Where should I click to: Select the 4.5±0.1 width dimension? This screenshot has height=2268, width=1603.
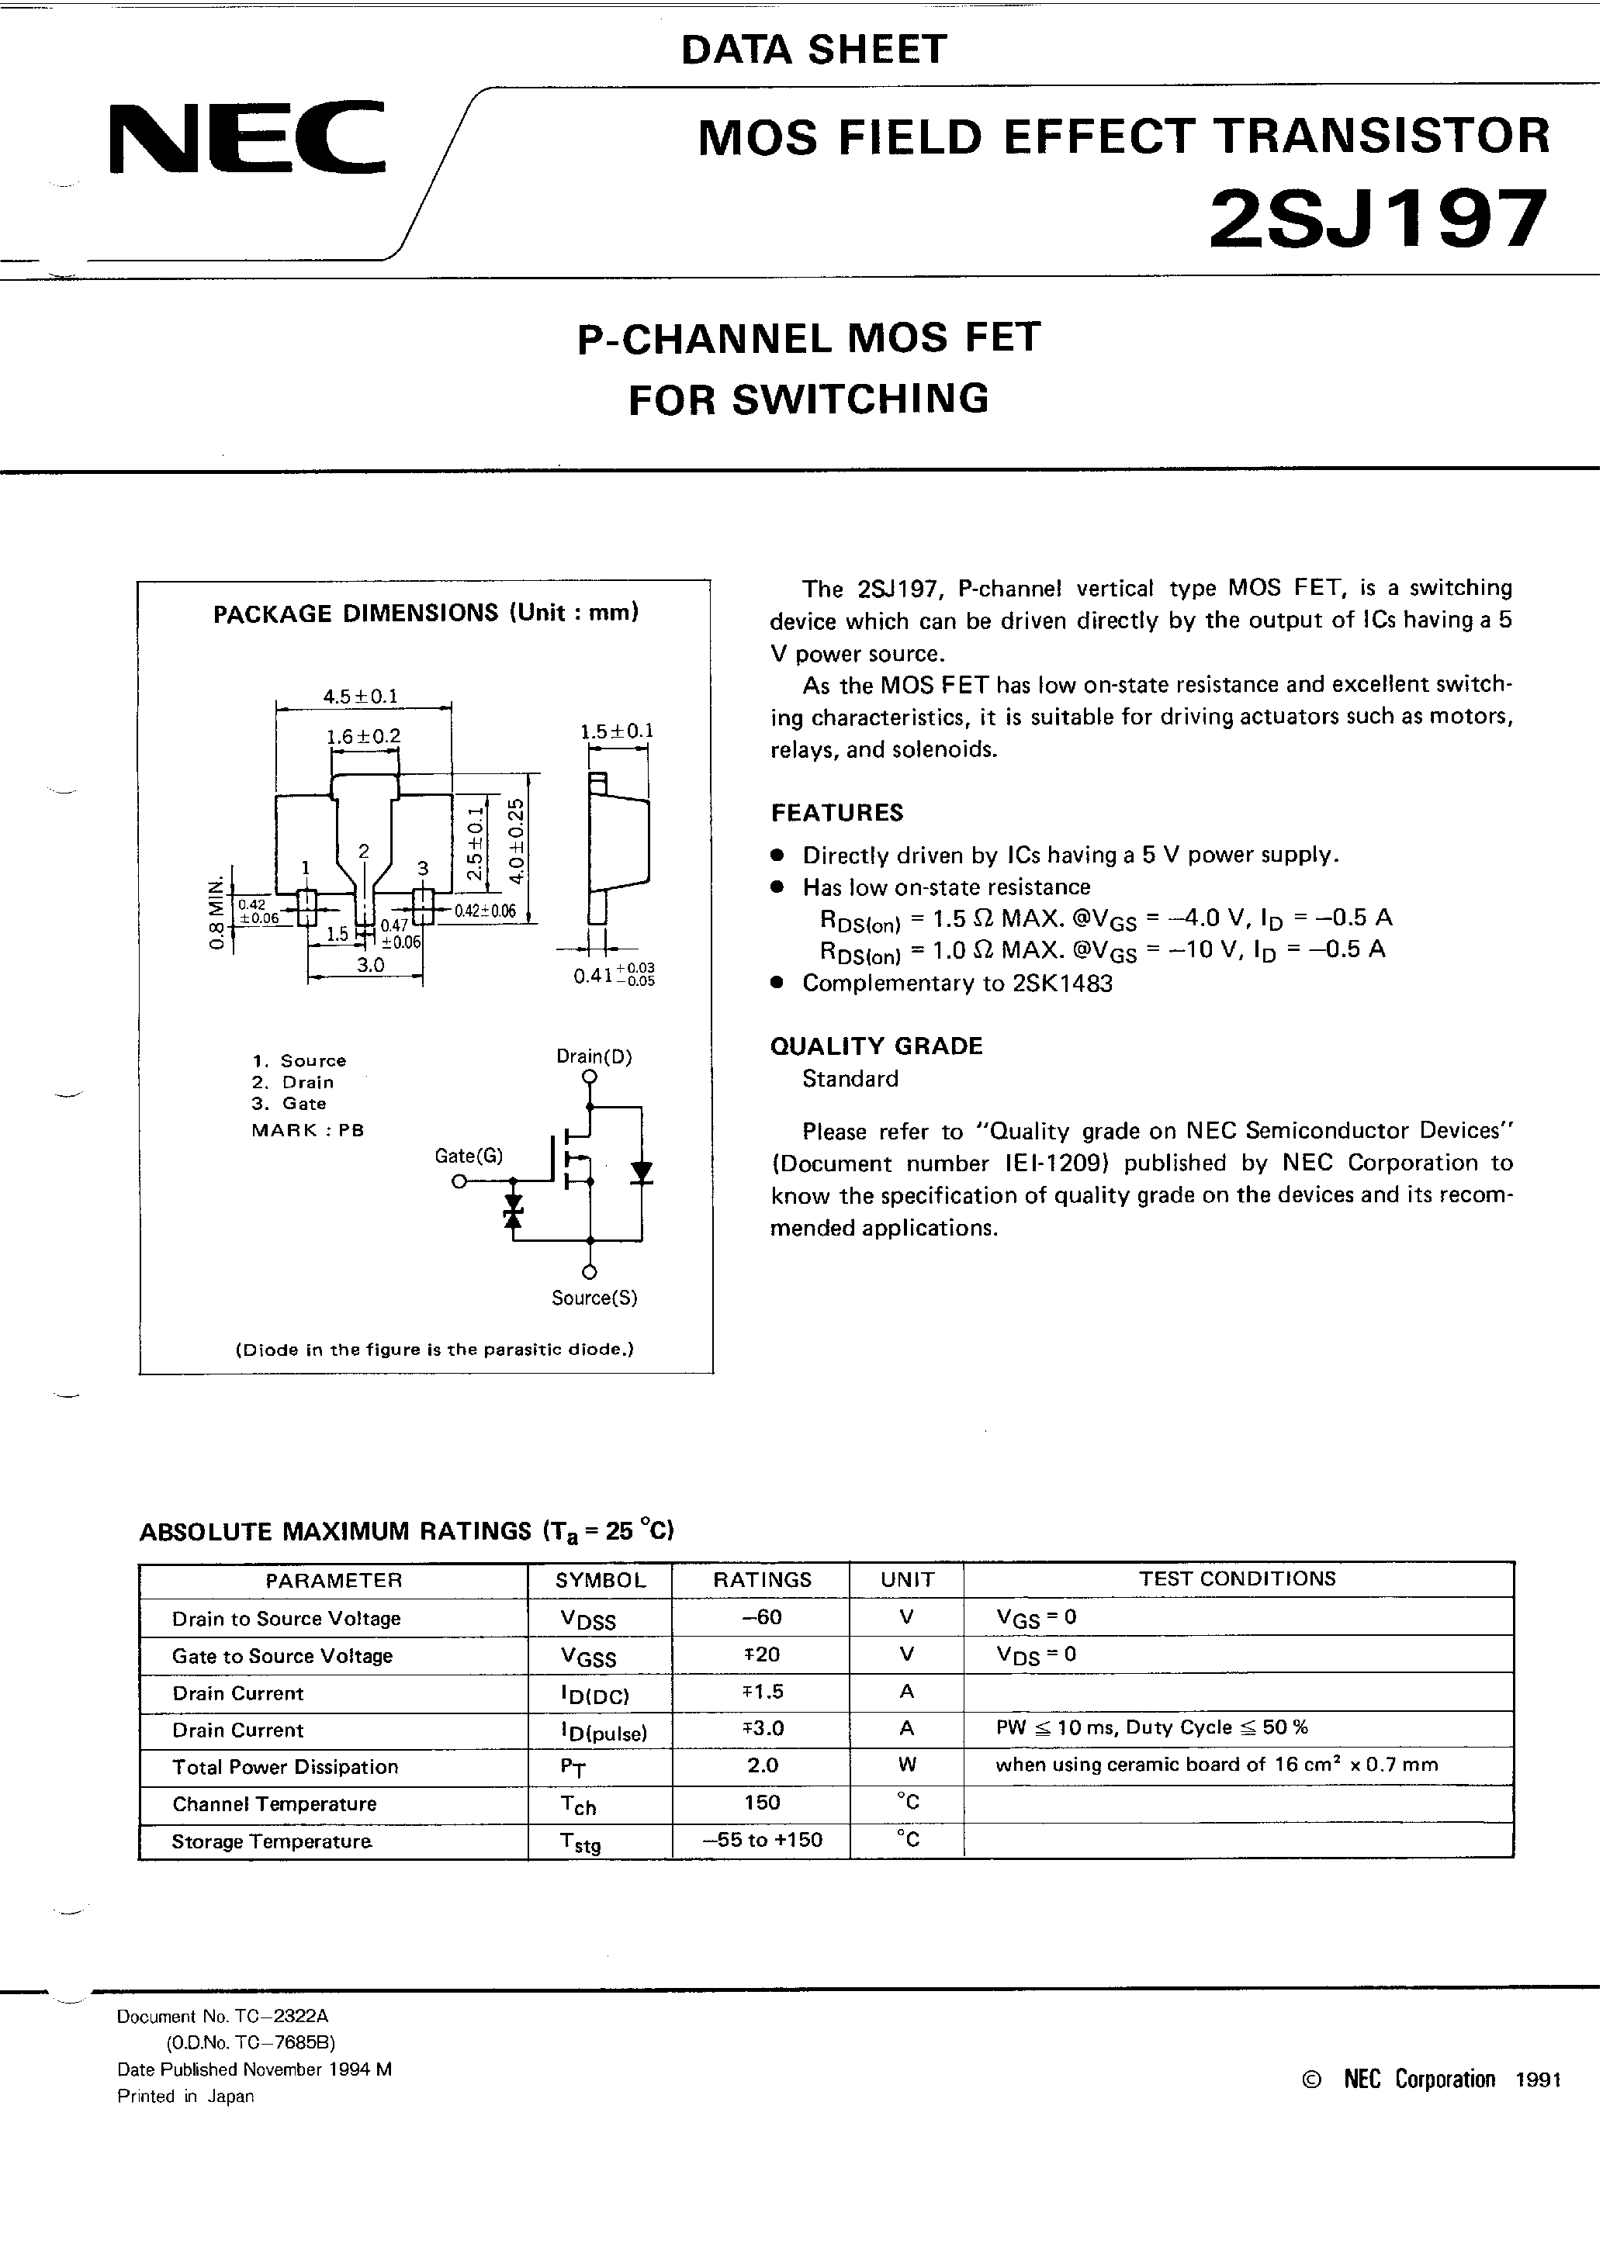361,696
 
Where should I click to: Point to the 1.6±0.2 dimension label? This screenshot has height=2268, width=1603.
364,736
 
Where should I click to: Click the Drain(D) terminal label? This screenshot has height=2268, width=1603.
594,1056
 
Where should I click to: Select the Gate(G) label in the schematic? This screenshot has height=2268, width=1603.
469,1155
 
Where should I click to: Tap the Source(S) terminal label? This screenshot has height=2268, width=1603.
594,1298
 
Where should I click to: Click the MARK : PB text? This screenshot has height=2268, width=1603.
307,1130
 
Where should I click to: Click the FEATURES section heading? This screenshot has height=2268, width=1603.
836,812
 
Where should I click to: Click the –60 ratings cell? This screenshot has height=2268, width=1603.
761,1617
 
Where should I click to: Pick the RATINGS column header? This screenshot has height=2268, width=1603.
761,1579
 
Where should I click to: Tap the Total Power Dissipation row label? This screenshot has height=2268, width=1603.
285,1766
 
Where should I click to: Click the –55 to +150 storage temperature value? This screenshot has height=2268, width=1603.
761,1839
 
